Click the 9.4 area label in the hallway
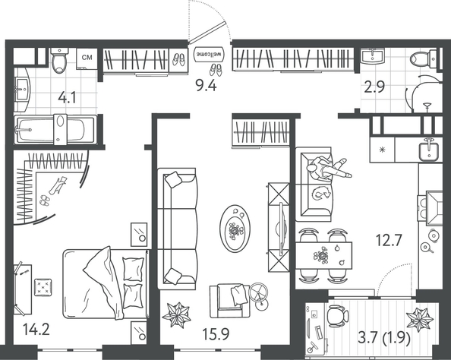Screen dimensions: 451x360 (206, 86)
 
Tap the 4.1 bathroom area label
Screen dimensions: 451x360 (67, 98)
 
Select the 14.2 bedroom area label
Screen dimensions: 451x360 (36, 329)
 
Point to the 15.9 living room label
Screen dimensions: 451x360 (216, 334)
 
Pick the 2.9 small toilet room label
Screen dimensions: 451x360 (374, 87)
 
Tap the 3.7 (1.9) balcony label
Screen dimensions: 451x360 (384, 339)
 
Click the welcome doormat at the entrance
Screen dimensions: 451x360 (209, 54)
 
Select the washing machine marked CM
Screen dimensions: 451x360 (87, 58)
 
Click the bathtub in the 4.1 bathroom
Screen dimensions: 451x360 (55, 129)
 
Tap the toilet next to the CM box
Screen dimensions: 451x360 (59, 61)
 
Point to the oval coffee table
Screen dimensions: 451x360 (235, 229)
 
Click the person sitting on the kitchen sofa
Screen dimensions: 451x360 (329, 169)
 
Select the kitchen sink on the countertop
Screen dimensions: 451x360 (429, 150)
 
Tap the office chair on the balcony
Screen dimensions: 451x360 (337, 316)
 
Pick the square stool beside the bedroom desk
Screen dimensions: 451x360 (43, 287)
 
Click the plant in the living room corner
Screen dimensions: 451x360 (177, 315)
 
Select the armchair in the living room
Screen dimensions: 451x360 (229, 301)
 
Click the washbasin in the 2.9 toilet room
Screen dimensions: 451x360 (373, 55)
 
